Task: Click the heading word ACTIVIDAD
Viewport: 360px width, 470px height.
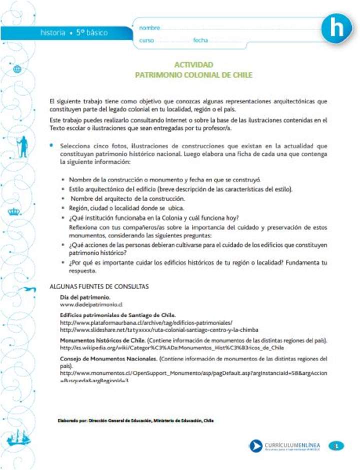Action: coord(193,65)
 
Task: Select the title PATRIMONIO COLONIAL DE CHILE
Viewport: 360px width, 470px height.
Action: coord(193,75)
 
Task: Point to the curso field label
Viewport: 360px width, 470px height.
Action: coord(146,40)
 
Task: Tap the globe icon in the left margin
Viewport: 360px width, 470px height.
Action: coord(17,69)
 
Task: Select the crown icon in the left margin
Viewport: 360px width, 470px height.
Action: coord(13,212)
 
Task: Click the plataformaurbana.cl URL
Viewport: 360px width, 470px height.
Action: coord(146,323)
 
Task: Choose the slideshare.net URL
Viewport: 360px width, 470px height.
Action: coord(159,330)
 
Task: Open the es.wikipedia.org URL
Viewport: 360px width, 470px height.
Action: coord(172,347)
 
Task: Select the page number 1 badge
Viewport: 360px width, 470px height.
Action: coord(336,445)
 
